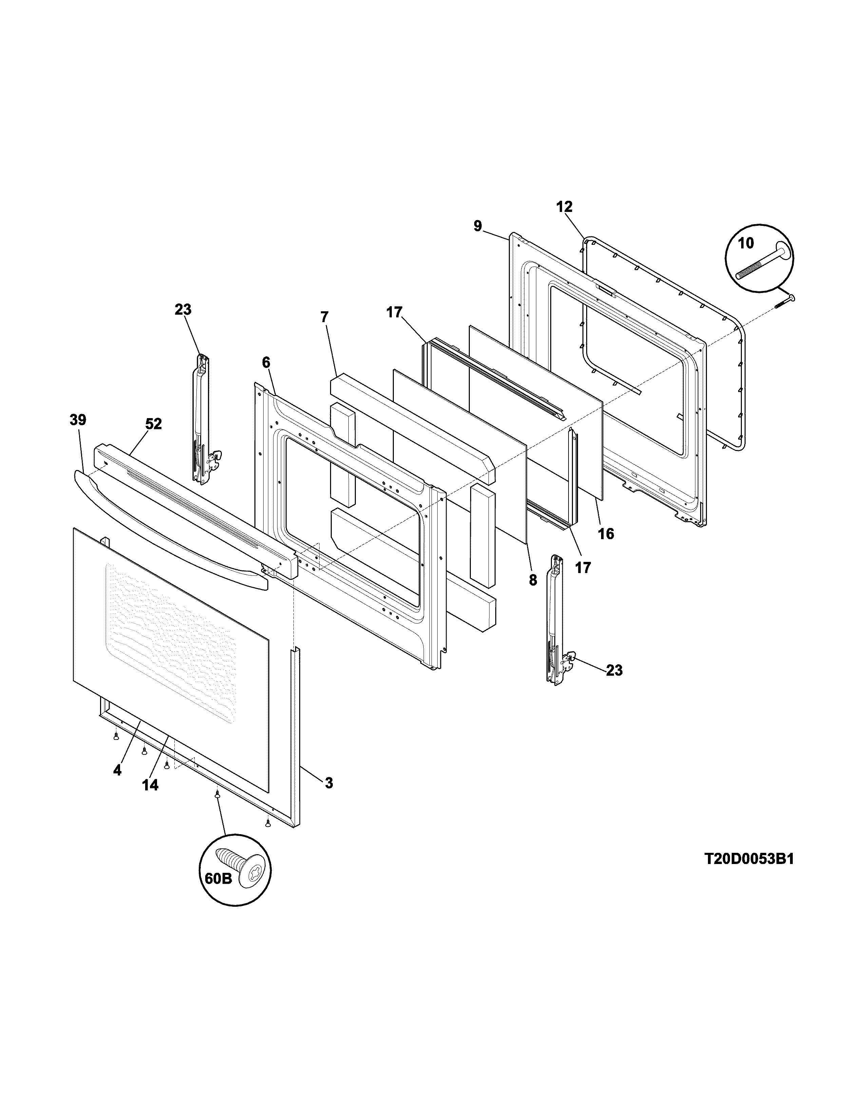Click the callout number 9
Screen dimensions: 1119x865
[478, 226]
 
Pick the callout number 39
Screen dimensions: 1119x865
[78, 420]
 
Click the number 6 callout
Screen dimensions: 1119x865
[266, 362]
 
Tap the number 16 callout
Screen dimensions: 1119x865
[606, 534]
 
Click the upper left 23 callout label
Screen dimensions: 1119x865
[183, 310]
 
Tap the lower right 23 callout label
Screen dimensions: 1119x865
[614, 670]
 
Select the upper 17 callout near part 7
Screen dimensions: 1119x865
[394, 313]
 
